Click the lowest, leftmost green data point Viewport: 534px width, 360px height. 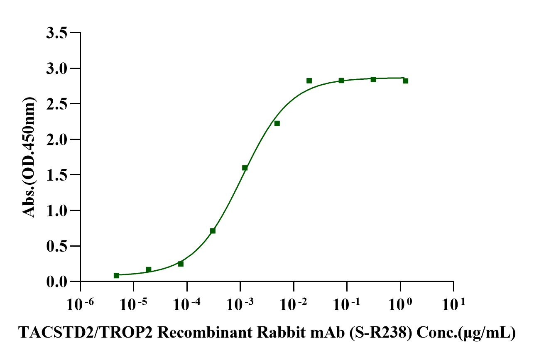coord(116,275)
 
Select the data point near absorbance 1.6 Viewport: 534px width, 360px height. coord(245,168)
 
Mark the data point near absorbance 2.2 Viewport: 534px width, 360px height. coord(277,123)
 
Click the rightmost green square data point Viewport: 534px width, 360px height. coord(405,81)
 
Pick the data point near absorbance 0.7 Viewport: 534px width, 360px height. coord(213,231)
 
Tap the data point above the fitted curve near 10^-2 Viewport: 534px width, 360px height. coord(309,81)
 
